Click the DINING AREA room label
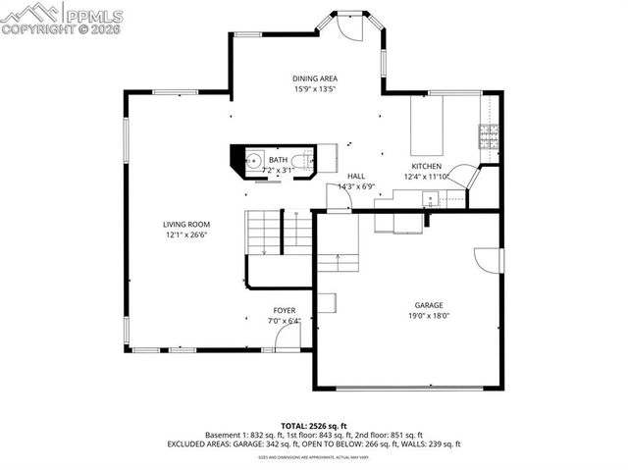point(315,78)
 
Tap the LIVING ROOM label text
point(186,225)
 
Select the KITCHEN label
point(426,167)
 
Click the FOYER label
point(285,311)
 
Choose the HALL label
point(356,176)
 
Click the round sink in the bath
point(251,160)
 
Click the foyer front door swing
point(288,339)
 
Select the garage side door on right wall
point(489,261)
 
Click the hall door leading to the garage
point(340,199)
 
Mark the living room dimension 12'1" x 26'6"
point(186,235)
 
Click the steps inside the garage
point(339,261)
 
